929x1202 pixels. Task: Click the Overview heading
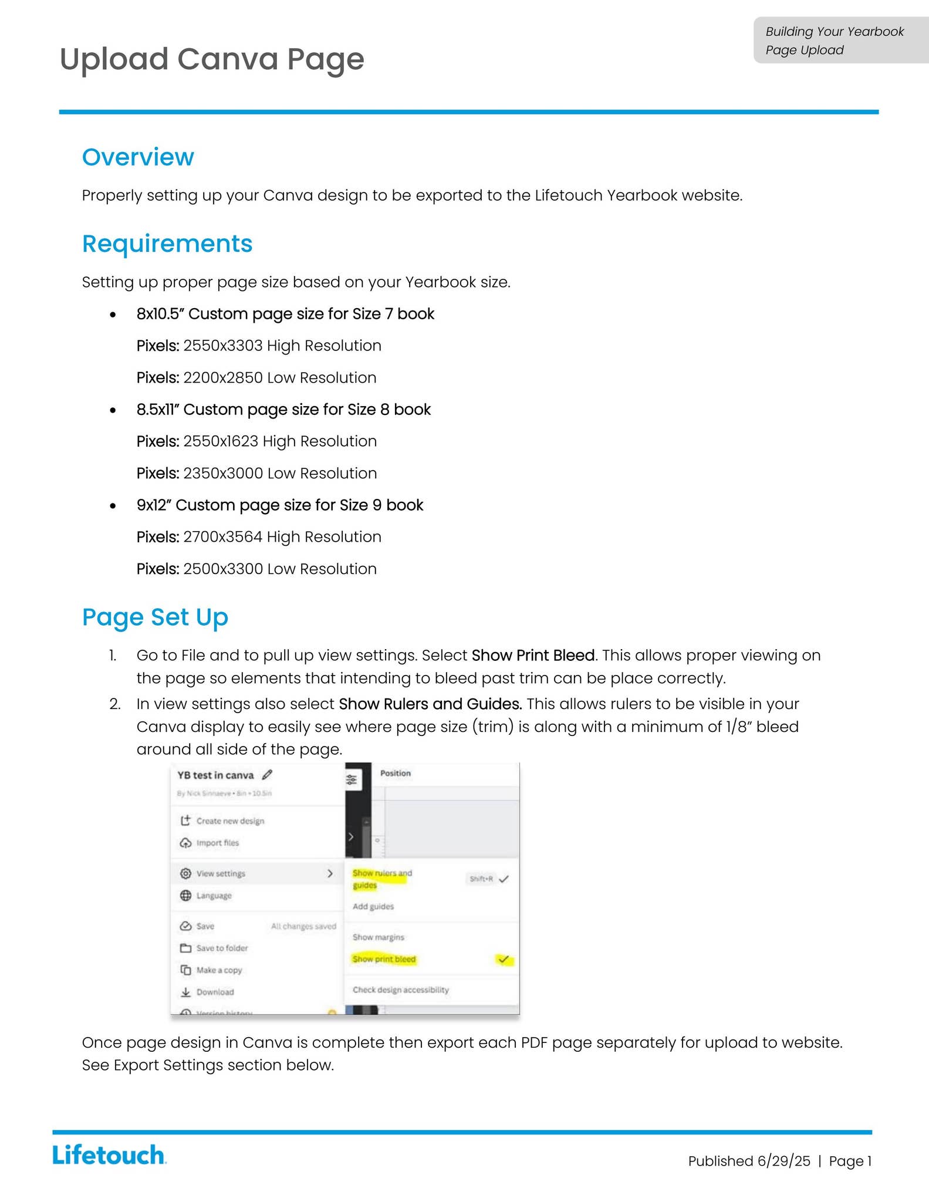pos(138,157)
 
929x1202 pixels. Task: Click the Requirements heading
pos(167,244)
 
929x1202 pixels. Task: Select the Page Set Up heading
pos(155,617)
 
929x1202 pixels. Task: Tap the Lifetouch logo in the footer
pos(109,1155)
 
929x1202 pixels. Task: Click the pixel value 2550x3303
pos(222,346)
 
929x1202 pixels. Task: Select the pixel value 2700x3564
pos(222,537)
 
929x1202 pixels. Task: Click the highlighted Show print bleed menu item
pos(384,959)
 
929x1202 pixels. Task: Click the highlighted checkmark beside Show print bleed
pos(504,960)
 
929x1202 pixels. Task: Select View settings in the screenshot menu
pos(221,873)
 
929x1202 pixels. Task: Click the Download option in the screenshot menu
pos(215,992)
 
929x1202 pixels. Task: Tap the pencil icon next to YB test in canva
pos(267,775)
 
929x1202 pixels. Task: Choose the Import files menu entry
pos(217,843)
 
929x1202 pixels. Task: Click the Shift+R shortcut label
pos(481,879)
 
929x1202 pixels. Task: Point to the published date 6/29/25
pos(783,1161)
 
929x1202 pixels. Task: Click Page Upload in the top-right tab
pos(804,50)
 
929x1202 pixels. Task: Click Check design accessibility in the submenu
pos(400,990)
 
